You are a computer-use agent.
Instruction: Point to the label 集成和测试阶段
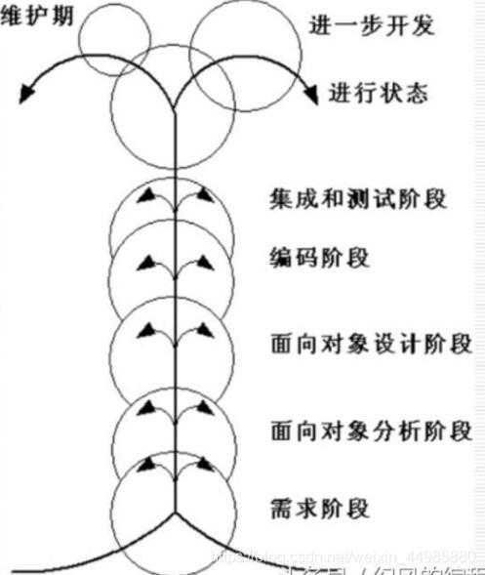coord(357,198)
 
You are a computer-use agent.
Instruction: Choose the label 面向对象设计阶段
coord(371,344)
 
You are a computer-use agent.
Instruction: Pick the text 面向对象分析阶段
coord(371,430)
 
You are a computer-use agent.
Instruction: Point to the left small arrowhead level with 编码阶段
coord(145,262)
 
